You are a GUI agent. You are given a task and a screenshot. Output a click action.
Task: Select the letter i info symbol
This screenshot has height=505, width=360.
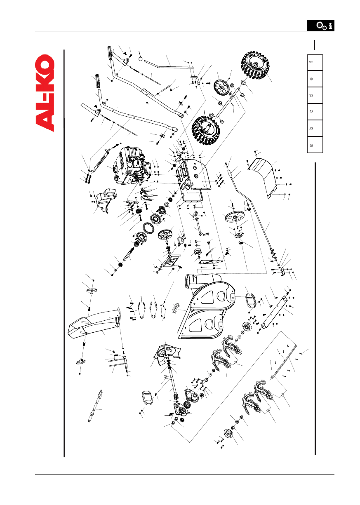click(330, 26)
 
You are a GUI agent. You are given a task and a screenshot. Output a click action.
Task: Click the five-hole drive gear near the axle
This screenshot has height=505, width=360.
click(221, 87)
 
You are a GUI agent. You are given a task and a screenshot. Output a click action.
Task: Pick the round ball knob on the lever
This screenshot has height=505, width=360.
click(141, 59)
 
